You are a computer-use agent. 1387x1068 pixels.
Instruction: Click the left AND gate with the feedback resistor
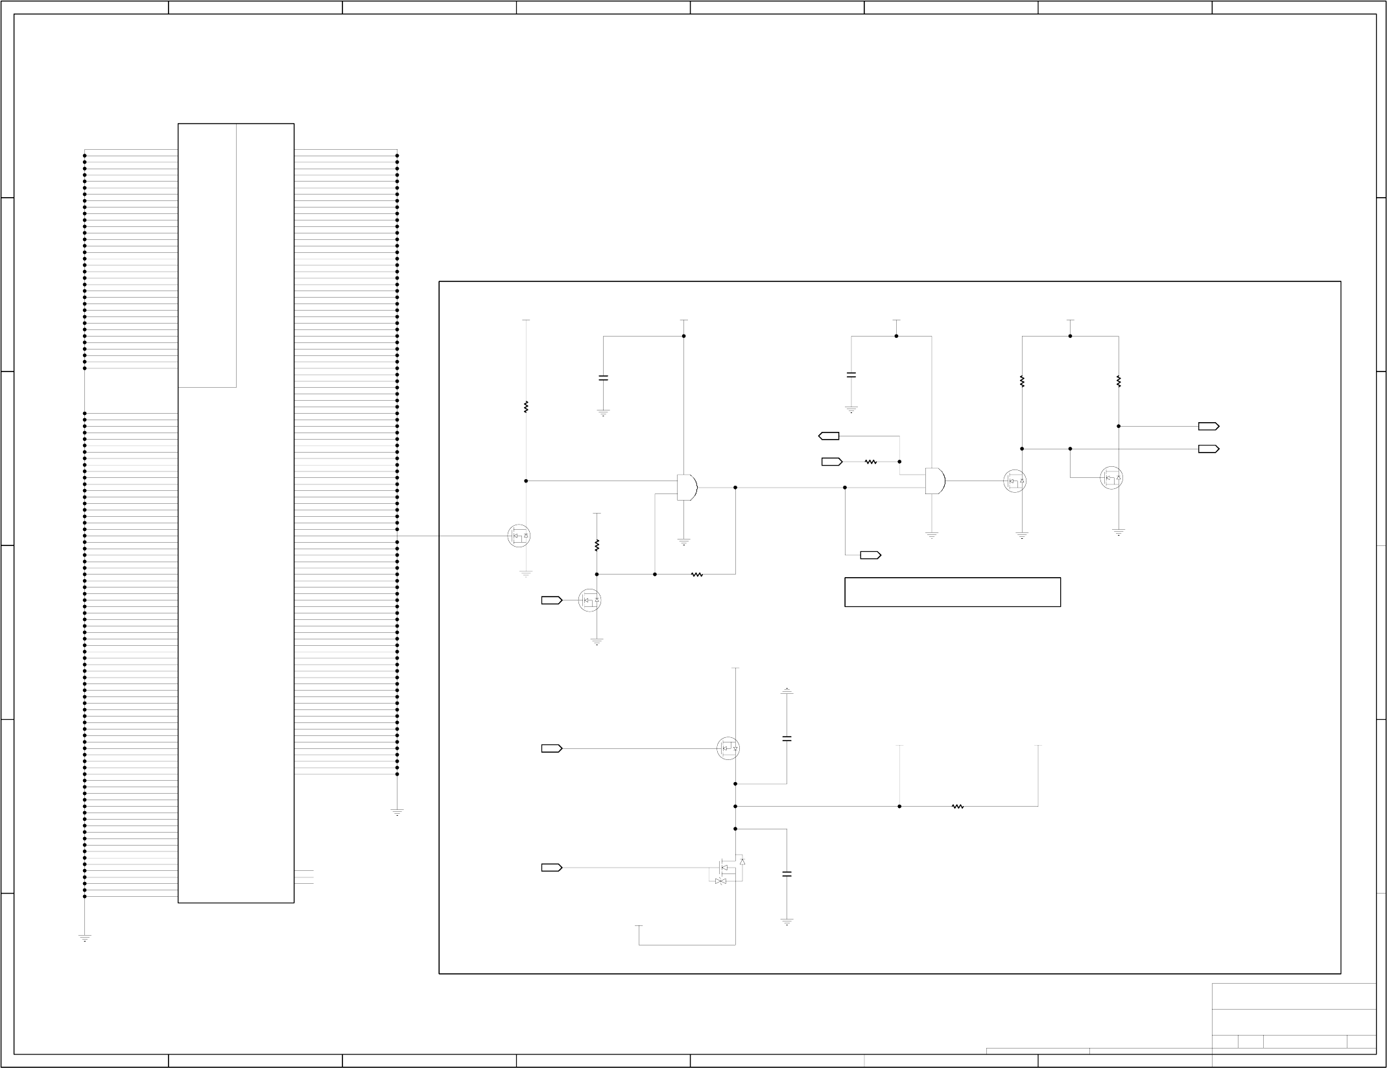click(x=687, y=487)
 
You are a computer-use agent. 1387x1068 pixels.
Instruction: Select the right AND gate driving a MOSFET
click(x=935, y=481)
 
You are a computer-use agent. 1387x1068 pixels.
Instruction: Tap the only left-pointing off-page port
click(x=829, y=436)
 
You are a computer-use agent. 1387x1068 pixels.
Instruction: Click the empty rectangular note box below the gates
click(x=952, y=592)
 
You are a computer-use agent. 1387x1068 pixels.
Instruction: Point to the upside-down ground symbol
click(x=787, y=691)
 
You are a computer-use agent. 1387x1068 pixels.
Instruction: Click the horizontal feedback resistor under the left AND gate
click(x=697, y=575)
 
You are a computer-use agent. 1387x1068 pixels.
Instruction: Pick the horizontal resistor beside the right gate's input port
click(x=871, y=462)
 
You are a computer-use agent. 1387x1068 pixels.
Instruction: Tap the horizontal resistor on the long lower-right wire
click(x=958, y=807)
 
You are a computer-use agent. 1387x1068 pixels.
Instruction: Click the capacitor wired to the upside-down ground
click(x=787, y=739)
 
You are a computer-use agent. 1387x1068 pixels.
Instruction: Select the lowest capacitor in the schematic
click(x=787, y=874)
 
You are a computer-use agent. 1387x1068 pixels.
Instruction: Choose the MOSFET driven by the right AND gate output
click(x=1015, y=481)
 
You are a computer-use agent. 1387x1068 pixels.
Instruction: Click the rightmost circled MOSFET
click(x=1111, y=479)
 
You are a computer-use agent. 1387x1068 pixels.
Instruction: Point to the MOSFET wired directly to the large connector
click(x=519, y=536)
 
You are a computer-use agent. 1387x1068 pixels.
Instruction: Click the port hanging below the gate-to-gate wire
click(x=870, y=555)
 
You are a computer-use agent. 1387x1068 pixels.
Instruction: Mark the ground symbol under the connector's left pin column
click(x=85, y=938)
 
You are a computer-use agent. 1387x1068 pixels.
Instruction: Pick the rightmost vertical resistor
click(x=1119, y=382)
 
